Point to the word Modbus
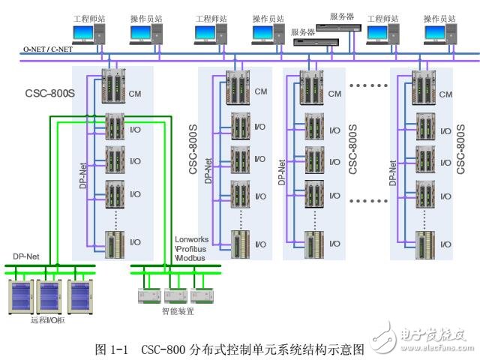coord(191,257)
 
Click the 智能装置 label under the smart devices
coord(177,310)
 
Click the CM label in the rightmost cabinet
coord(445,94)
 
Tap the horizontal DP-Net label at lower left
coord(25,256)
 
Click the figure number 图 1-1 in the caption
coord(113,349)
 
